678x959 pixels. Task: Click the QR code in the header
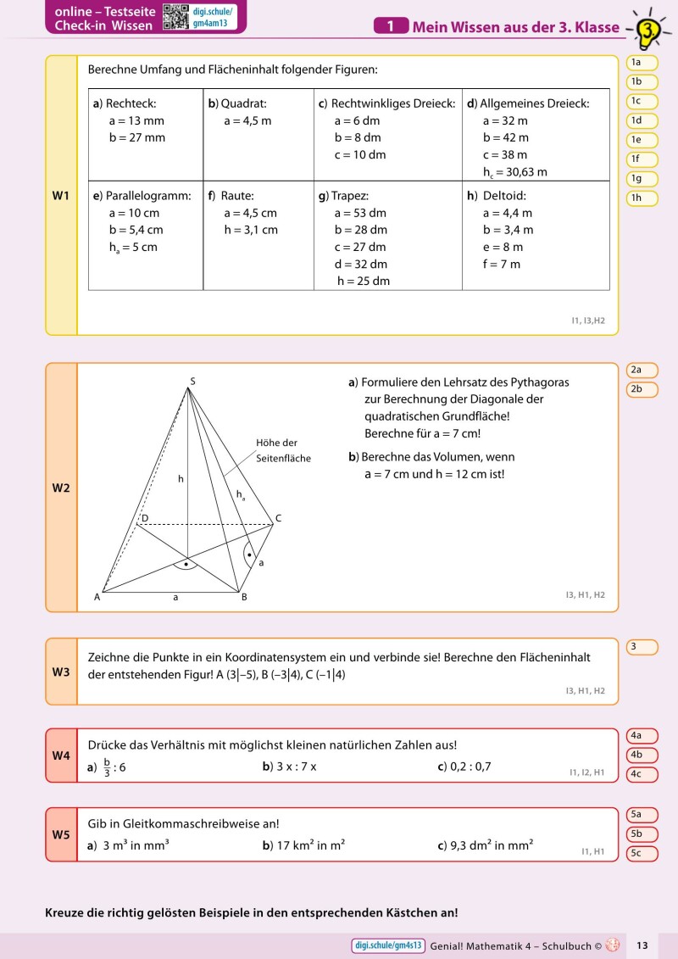[x=175, y=17]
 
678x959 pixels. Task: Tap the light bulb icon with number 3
[x=649, y=31]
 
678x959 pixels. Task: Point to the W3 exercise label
[x=61, y=672]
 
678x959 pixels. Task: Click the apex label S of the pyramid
[x=192, y=381]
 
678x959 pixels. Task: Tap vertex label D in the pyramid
[x=145, y=517]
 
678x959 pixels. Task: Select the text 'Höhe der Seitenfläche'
[x=283, y=450]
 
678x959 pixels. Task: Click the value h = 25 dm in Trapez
[x=364, y=281]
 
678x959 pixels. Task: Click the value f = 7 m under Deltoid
[x=502, y=264]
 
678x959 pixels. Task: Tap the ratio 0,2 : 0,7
[x=464, y=767]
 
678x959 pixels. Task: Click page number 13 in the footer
[x=642, y=945]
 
